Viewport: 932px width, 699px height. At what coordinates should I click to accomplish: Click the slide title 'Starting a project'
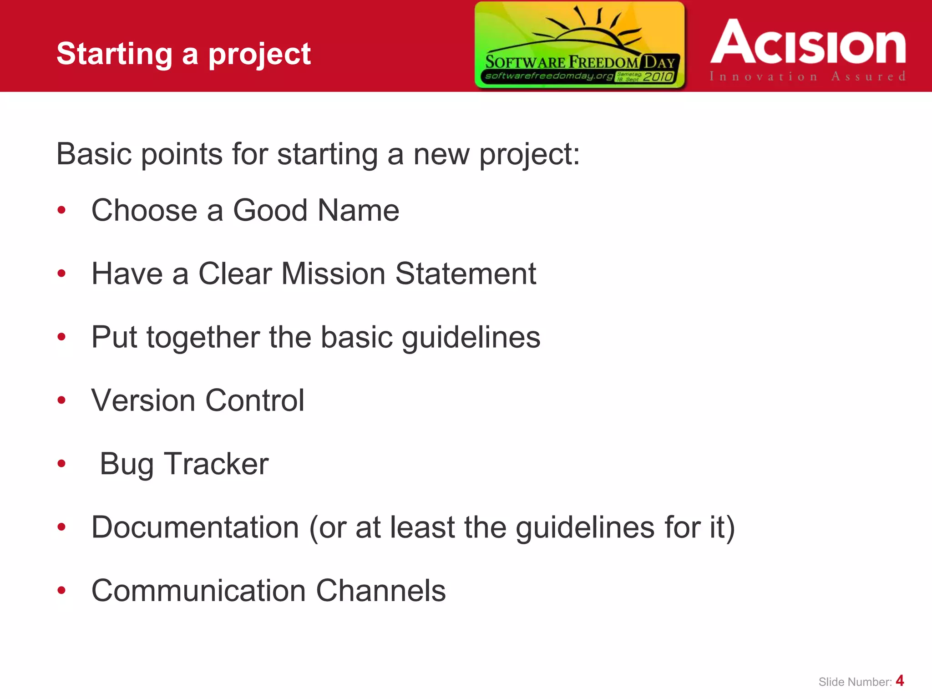183,54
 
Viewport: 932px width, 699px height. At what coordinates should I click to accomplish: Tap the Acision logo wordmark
808,42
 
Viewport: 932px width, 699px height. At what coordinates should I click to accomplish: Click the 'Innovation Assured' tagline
807,76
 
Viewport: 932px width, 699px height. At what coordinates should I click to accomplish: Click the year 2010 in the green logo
658,76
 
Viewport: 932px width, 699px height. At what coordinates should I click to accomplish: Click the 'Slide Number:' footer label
855,682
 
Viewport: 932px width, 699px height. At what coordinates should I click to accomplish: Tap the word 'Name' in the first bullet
358,210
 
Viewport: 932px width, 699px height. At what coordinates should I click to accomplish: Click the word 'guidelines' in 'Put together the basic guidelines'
471,338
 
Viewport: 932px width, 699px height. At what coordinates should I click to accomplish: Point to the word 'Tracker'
216,464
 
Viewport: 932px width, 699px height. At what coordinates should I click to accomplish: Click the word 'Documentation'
195,527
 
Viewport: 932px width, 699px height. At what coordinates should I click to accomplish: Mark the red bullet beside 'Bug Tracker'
61,464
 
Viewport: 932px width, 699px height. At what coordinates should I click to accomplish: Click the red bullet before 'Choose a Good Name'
61,210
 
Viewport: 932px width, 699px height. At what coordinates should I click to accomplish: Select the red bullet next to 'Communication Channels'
61,590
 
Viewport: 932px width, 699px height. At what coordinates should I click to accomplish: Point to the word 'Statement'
466,274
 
